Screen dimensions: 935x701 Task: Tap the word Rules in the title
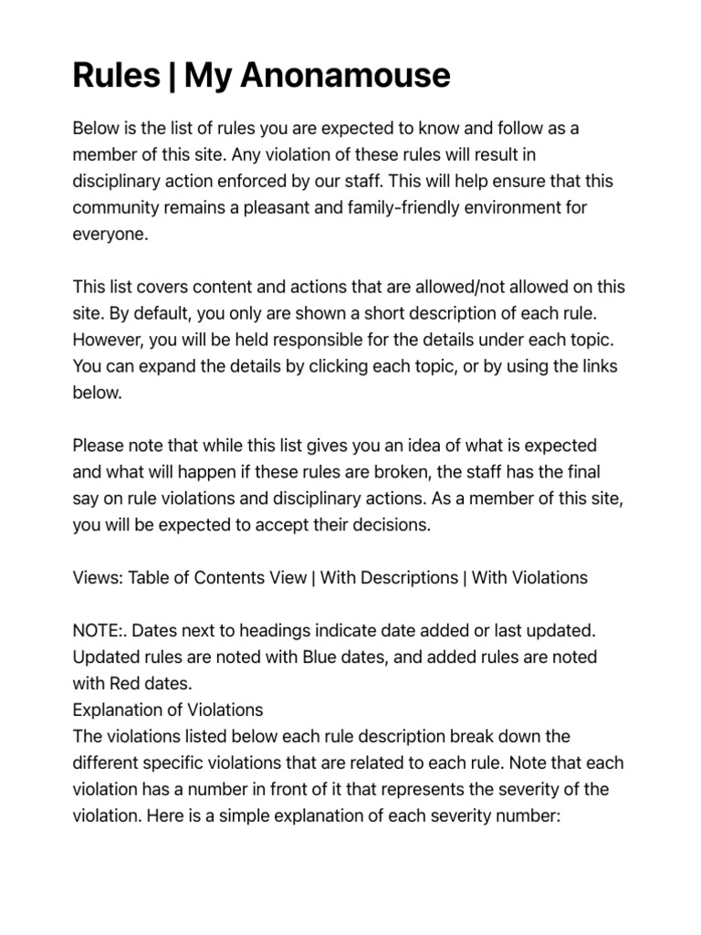[116, 75]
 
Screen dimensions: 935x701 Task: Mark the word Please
[99, 446]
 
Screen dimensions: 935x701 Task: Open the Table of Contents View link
[217, 578]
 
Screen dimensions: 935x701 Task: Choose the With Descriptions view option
[389, 578]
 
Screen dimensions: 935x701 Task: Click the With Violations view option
[530, 578]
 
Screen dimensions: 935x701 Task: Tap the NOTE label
[98, 631]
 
